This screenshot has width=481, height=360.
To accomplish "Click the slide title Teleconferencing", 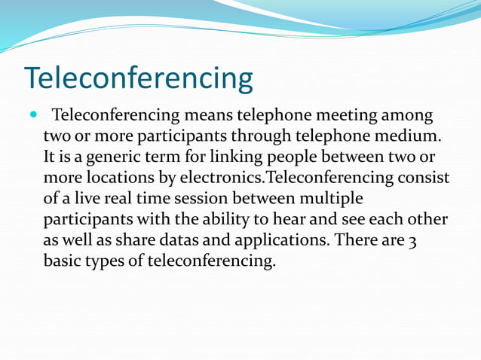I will [x=139, y=78].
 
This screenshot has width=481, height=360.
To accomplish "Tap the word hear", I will [x=300, y=220].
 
